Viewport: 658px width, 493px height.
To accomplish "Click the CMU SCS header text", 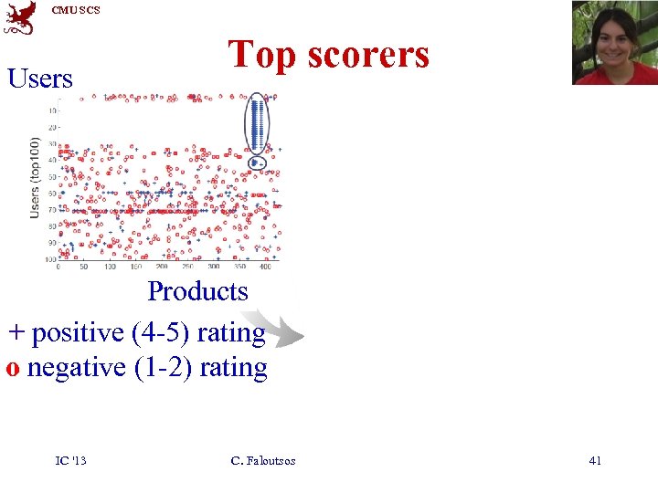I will (x=76, y=10).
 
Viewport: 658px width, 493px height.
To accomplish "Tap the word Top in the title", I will (x=263, y=55).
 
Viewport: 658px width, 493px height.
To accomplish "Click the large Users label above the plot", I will (x=39, y=79).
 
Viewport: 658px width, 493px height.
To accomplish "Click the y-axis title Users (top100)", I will (x=35, y=177).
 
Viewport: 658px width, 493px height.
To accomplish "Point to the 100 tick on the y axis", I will (x=50, y=259).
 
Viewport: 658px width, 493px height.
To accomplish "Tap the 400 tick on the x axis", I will (x=265, y=267).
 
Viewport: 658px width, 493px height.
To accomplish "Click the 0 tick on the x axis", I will (x=58, y=267).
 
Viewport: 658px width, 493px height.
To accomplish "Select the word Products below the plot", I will (x=197, y=291).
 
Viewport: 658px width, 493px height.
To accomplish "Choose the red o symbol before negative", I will (x=14, y=369).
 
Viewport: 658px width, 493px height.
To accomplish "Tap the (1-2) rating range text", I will (x=163, y=368).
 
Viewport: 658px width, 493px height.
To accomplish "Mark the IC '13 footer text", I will (x=70, y=461).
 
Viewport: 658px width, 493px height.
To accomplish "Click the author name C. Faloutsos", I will (x=263, y=461).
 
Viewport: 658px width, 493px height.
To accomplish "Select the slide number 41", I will (x=595, y=461).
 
